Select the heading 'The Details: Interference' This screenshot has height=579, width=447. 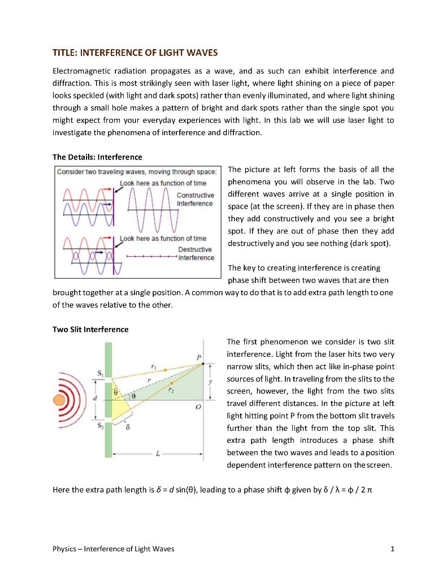[x=97, y=157]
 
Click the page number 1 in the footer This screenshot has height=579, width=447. [x=392, y=548]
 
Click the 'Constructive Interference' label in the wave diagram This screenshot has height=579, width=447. [x=195, y=199]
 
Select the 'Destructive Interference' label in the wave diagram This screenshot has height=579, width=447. [x=196, y=253]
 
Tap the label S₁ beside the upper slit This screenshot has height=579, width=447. [x=99, y=372]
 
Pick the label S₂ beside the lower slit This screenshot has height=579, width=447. [x=99, y=426]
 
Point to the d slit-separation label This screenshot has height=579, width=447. [x=94, y=400]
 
